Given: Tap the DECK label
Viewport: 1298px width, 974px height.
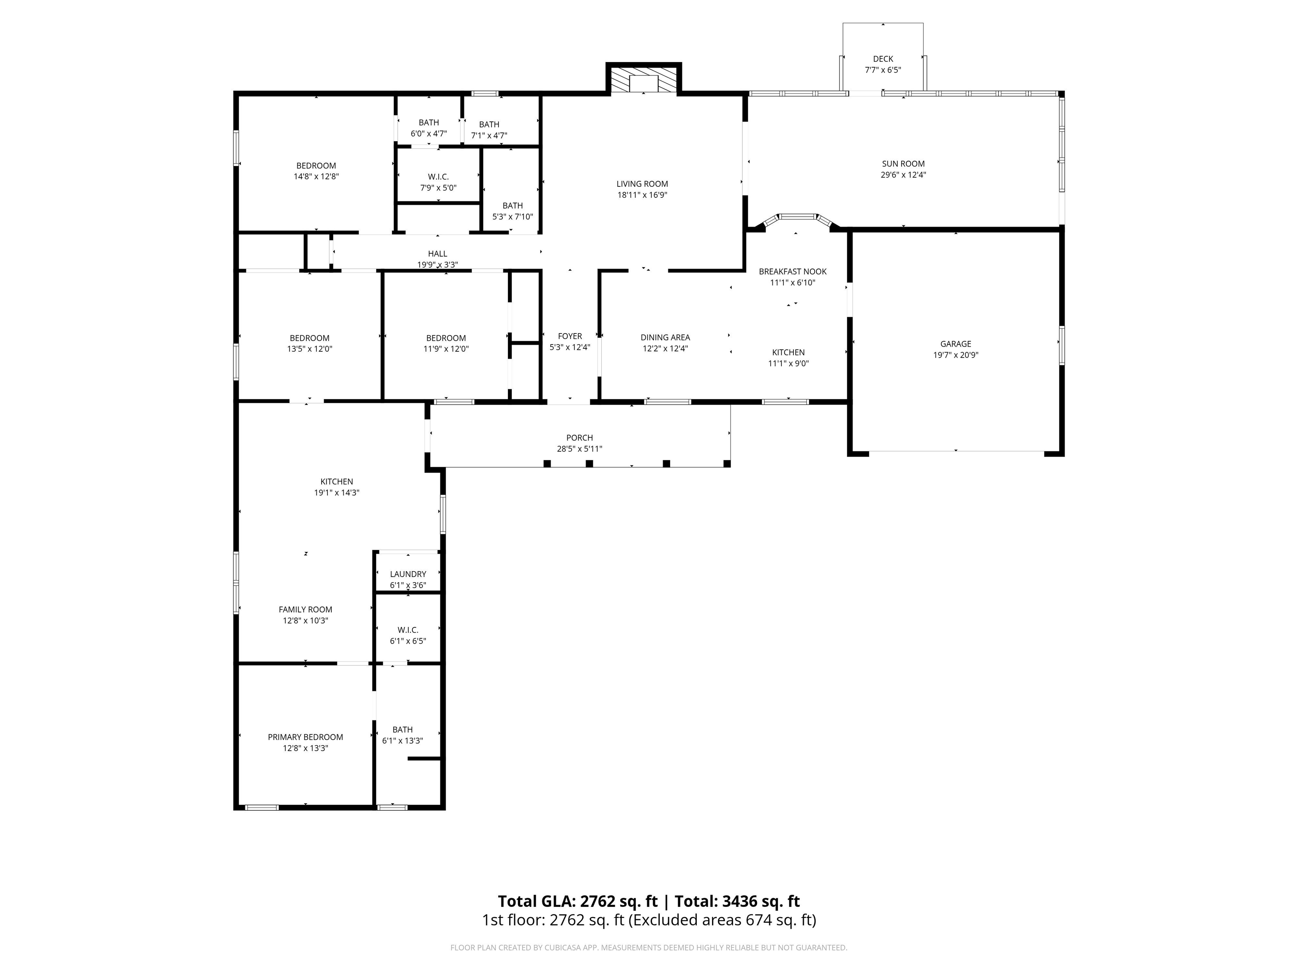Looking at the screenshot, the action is click(x=883, y=59).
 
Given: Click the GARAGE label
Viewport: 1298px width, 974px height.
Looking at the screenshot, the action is click(x=955, y=344).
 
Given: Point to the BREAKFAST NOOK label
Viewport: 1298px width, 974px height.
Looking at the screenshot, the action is click(x=792, y=271).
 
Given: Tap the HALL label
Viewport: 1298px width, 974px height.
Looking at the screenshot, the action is click(x=437, y=254).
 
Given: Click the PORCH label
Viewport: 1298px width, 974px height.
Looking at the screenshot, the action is click(x=579, y=438).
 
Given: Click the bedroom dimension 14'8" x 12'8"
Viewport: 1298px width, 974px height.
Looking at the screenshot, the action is click(x=316, y=176).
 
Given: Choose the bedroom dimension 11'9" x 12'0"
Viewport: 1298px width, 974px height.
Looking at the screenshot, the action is click(x=446, y=349).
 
